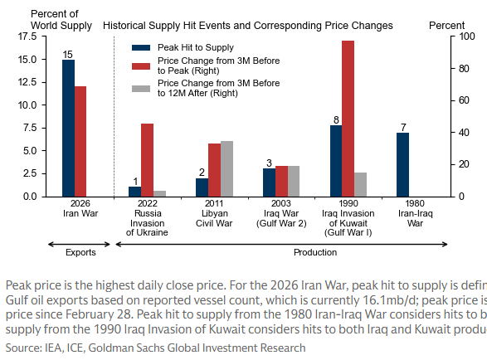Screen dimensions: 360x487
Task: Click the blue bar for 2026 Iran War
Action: [x=68, y=129]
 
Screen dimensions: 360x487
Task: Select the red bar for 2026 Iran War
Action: [x=80, y=141]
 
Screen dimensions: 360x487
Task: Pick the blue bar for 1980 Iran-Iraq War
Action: [x=402, y=164]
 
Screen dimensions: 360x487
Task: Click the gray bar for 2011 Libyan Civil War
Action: [x=226, y=168]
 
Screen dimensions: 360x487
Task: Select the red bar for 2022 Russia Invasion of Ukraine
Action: [x=147, y=160]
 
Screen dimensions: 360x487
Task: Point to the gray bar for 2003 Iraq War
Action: [x=293, y=181]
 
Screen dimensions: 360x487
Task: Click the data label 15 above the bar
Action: [x=68, y=54]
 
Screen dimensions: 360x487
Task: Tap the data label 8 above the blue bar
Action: [x=335, y=119]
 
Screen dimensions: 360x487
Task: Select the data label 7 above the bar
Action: [x=402, y=127]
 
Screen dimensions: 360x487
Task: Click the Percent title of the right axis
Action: [x=446, y=26]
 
